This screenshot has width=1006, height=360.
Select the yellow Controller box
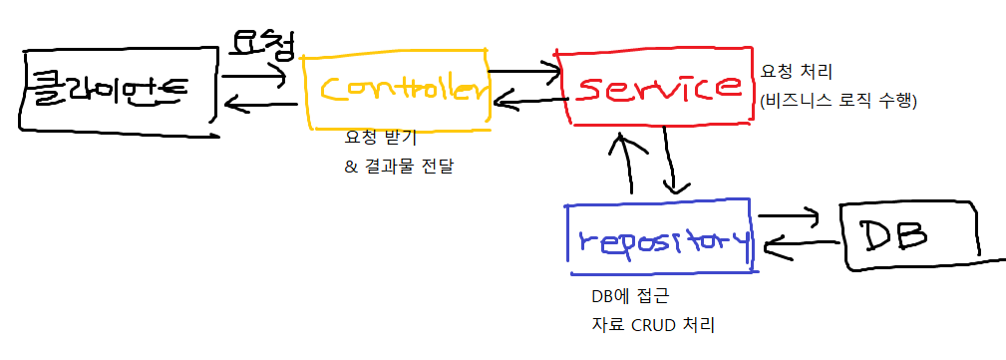pos(397,89)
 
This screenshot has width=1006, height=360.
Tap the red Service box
pos(654,86)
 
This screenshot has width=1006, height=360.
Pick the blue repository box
pos(659,239)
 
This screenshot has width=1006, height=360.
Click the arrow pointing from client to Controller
pos(257,73)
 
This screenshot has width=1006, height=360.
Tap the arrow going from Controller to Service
pos(526,71)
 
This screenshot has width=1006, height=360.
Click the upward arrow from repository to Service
pos(628,165)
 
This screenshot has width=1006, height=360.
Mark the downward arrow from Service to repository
pos(676,165)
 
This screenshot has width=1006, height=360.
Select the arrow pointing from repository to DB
pos(790,216)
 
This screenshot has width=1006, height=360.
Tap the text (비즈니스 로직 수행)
pos(838,101)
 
